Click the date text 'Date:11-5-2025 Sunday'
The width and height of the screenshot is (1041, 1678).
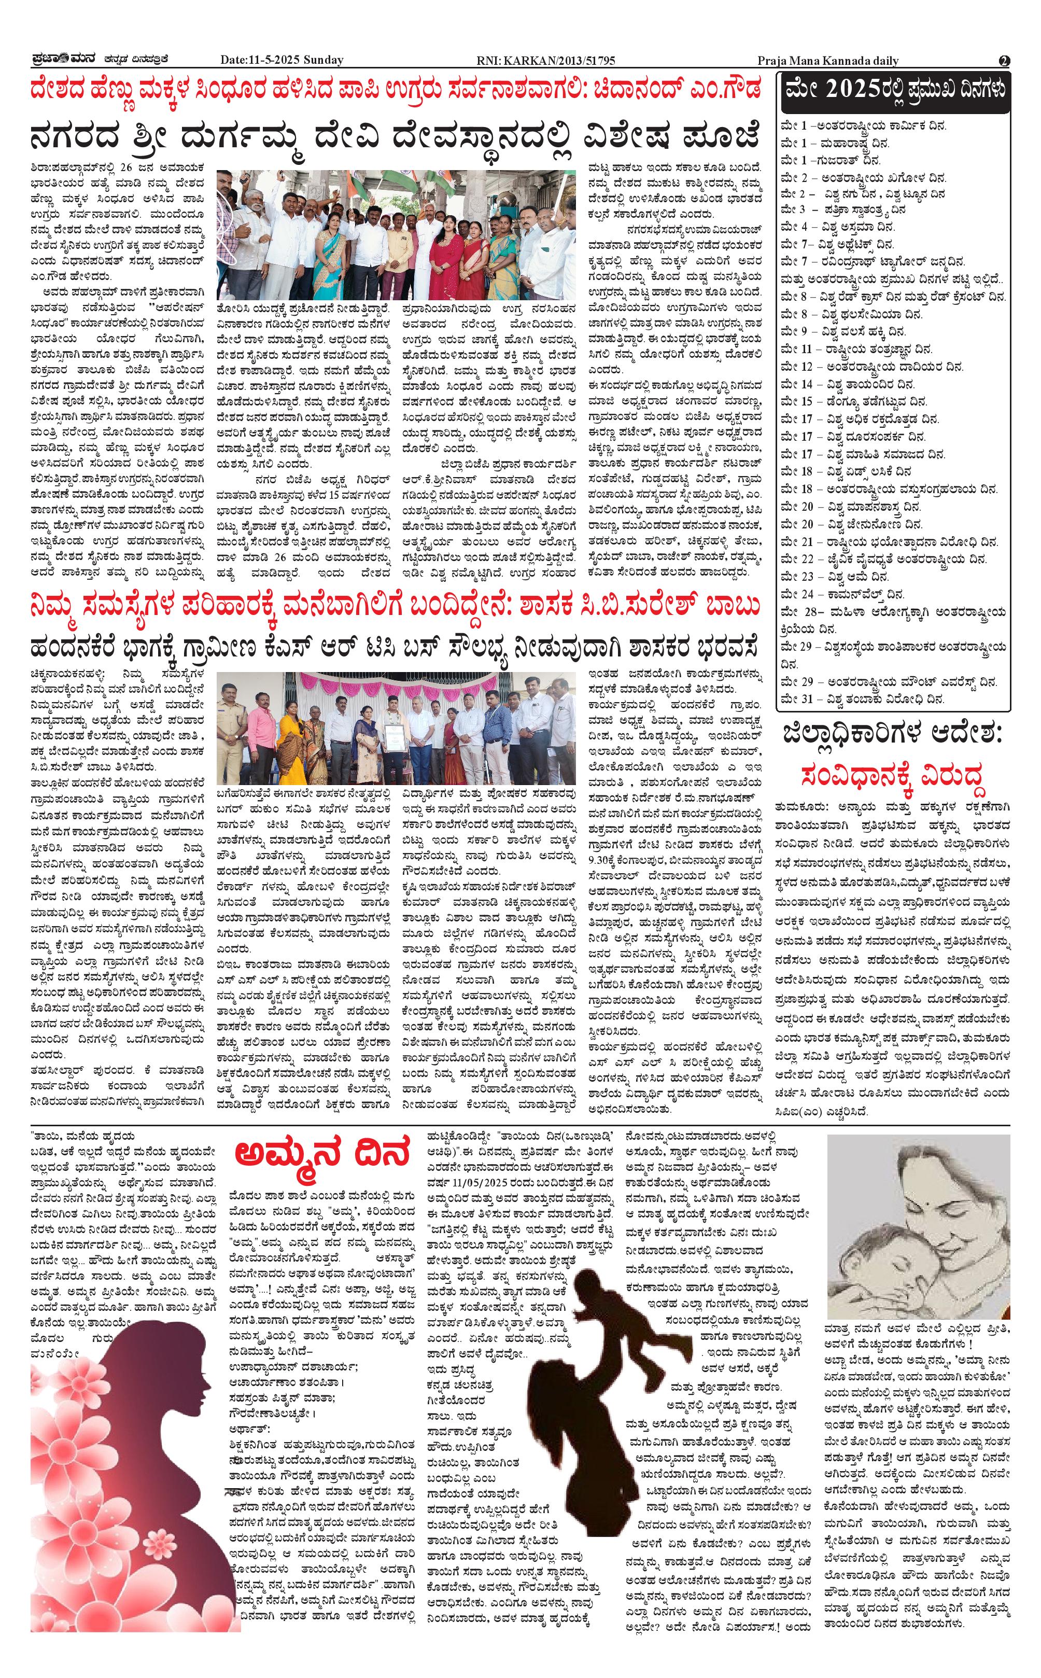[282, 61]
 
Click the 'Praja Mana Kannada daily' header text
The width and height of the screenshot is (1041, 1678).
[828, 61]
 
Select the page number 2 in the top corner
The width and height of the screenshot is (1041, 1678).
[1005, 61]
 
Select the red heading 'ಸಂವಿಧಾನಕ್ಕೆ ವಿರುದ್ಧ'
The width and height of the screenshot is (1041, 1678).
[894, 776]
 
